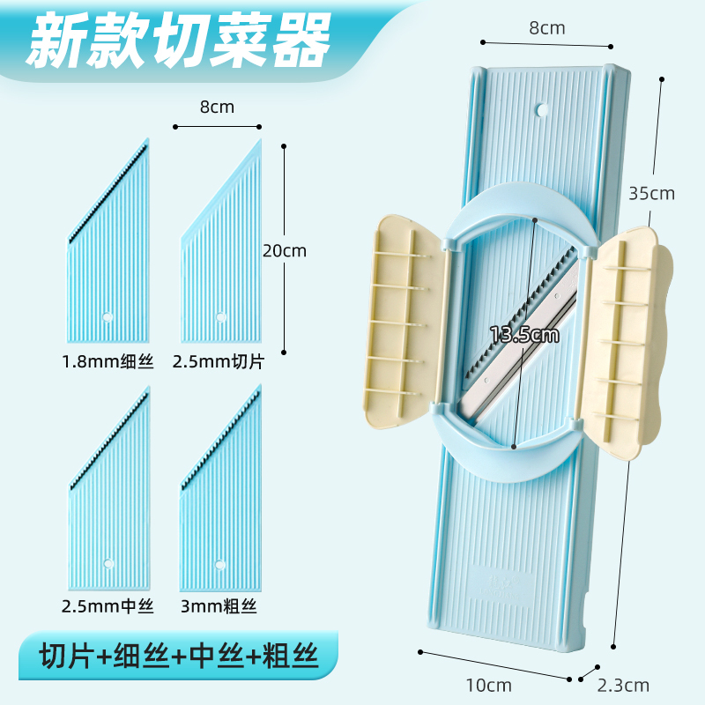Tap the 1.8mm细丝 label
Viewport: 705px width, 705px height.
coord(108,361)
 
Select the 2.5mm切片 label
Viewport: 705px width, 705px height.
coord(219,361)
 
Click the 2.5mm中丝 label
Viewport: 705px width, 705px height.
coord(108,606)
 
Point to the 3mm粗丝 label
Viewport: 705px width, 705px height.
coord(219,606)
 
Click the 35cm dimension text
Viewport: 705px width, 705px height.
coord(653,193)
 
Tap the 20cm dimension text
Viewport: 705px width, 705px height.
coord(285,250)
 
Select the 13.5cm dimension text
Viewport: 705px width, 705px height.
coord(525,335)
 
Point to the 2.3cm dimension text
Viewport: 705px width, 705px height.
coord(624,685)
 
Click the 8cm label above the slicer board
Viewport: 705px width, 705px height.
coord(546,27)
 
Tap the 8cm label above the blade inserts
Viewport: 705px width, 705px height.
coord(217,108)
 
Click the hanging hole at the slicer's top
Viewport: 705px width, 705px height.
coord(542,111)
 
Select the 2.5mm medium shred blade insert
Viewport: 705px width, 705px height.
coord(109,502)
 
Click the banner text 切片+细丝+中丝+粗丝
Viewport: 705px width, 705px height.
coord(177,657)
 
